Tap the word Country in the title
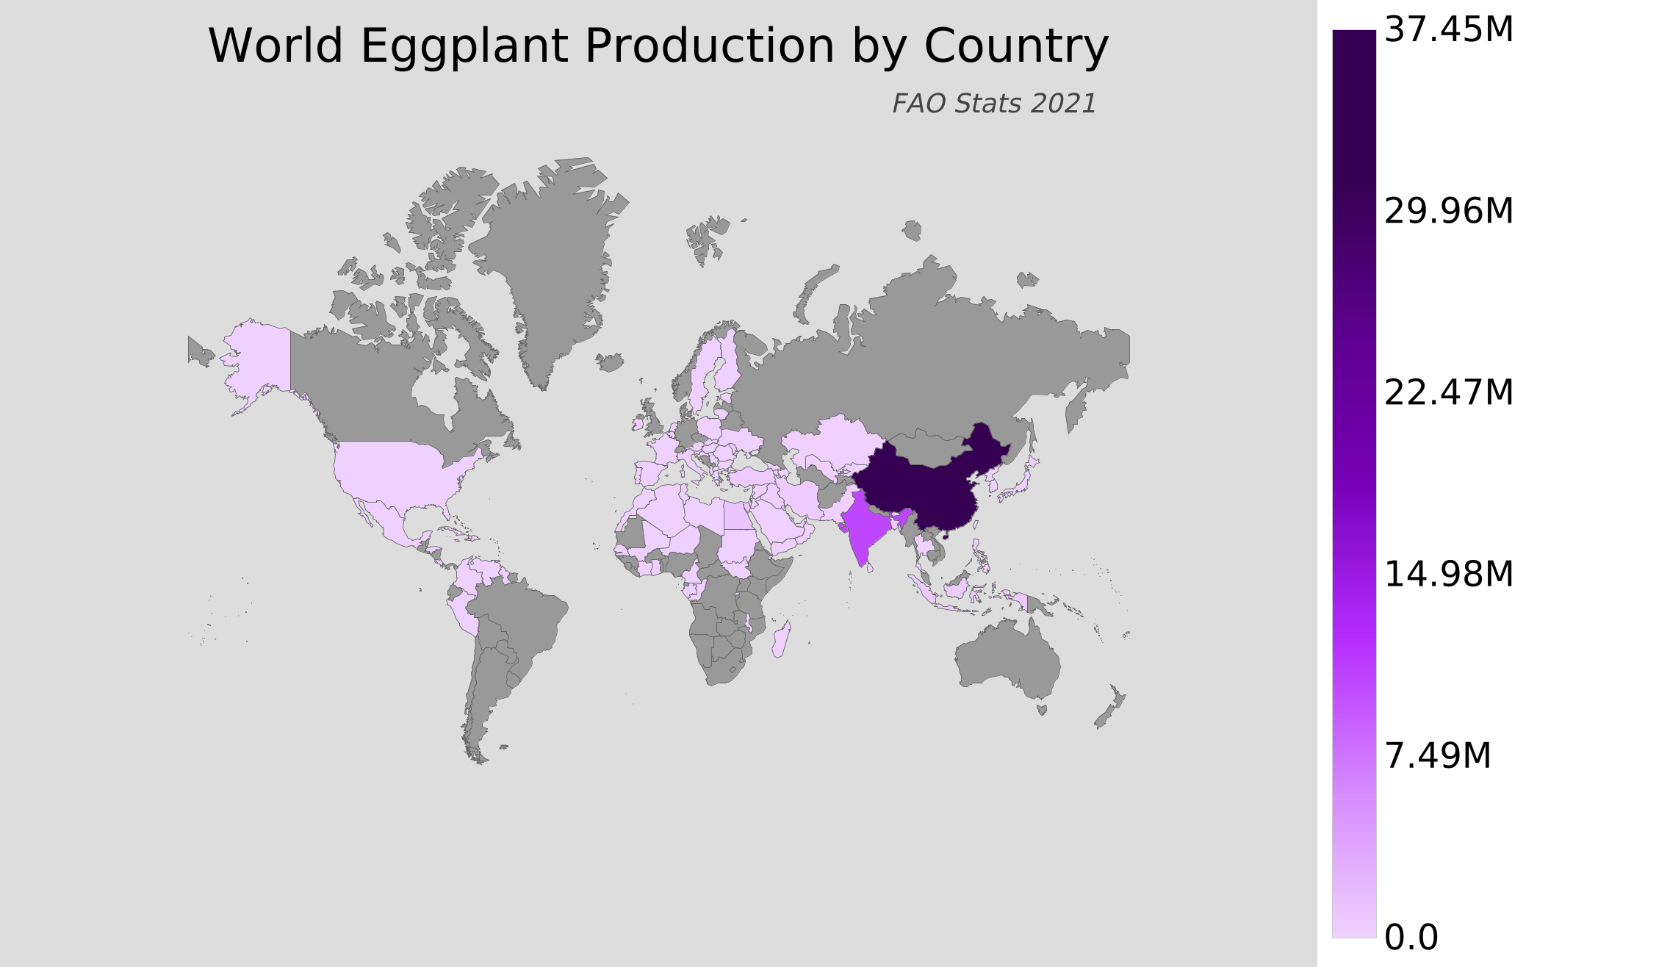tap(1015, 47)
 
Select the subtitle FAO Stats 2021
tap(994, 104)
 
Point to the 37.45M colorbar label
tap(1448, 31)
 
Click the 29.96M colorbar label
tap(1448, 212)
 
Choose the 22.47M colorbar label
tap(1448, 393)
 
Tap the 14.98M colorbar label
tap(1448, 575)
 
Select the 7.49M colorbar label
tap(1437, 756)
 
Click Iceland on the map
tap(610, 362)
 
